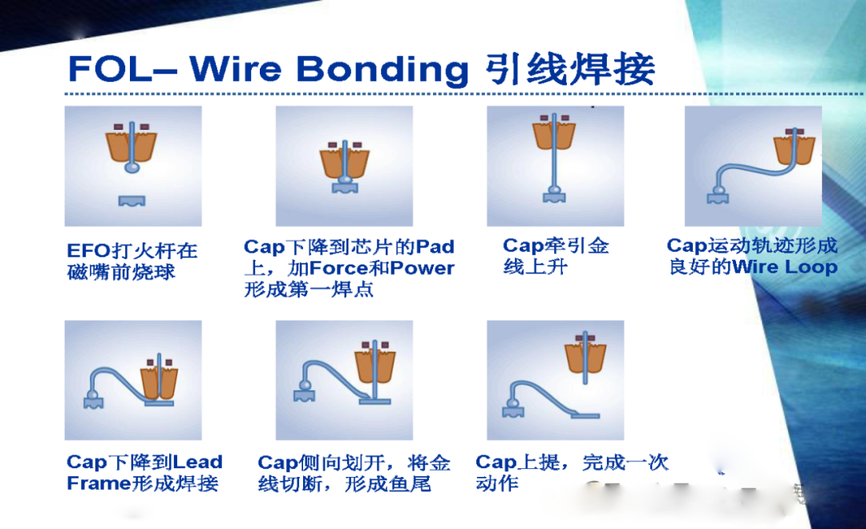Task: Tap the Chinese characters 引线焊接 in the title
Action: [x=571, y=69]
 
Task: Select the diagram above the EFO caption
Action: [x=133, y=166]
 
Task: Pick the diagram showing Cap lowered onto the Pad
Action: [x=344, y=166]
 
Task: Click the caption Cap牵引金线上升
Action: [x=555, y=256]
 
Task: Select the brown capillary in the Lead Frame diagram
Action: [x=157, y=382]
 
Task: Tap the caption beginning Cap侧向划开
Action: [x=354, y=473]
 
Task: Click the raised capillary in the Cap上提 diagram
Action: [x=585, y=357]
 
